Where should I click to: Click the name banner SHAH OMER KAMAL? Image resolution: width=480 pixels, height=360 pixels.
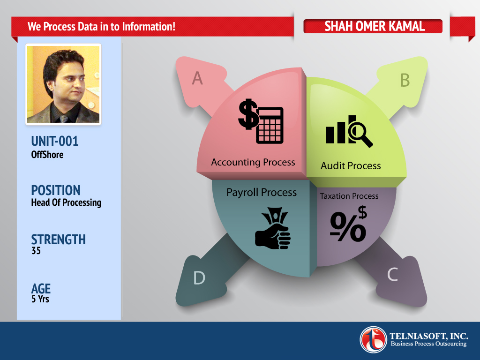point(373,26)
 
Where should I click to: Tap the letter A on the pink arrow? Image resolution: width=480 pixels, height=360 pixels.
point(197,78)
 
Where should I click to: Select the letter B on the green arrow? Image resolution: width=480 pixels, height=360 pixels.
point(405,80)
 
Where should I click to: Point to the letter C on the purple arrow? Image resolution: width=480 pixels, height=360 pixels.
point(392,274)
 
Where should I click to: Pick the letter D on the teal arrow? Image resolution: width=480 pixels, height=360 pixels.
point(199,278)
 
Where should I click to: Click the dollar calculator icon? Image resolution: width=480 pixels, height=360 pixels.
point(261,121)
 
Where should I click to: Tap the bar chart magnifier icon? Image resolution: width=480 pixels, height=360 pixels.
point(349,131)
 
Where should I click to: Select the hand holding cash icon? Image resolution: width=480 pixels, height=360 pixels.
point(273,228)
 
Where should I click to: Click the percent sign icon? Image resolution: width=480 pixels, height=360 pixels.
point(348,224)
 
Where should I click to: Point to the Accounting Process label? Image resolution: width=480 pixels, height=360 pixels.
point(253,162)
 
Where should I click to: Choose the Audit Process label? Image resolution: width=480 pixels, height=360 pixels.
point(351,166)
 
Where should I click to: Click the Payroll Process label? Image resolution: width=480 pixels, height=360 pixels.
point(262,192)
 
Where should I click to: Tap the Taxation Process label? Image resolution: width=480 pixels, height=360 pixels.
point(349,196)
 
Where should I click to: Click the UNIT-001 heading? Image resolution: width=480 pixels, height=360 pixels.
point(55,142)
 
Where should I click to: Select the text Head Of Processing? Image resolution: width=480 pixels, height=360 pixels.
point(66,202)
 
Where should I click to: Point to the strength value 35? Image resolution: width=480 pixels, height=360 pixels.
point(36,251)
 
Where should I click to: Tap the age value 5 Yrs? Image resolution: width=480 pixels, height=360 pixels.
point(40,299)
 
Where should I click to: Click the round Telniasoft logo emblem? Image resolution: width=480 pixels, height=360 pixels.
point(373,340)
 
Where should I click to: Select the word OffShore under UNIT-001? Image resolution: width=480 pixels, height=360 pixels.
point(47,155)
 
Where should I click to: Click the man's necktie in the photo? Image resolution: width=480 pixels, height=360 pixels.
point(64,118)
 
